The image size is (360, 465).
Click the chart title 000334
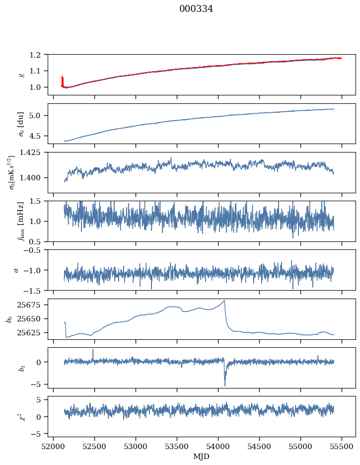pyautogui.click(x=196, y=9)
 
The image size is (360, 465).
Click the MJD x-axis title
pyautogui.click(x=201, y=456)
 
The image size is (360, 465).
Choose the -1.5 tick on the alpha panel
pyautogui.click(x=36, y=290)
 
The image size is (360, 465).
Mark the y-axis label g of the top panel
pyautogui.click(x=21, y=75)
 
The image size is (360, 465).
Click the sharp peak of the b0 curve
pyautogui.click(x=224, y=301)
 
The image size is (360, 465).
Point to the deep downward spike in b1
pyautogui.click(x=224, y=386)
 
